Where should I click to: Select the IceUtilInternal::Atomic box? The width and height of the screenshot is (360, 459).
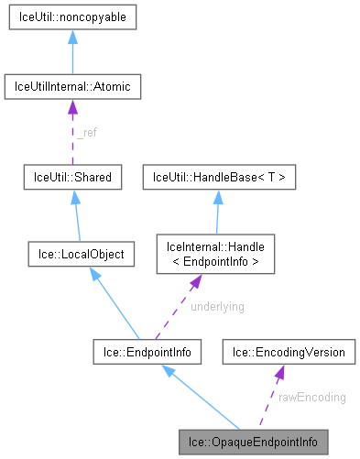tap(71, 88)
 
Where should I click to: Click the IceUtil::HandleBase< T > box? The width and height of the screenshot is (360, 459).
tap(218, 177)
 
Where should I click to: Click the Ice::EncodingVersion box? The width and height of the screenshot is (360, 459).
tap(288, 351)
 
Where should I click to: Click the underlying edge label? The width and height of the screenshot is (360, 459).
tap(216, 307)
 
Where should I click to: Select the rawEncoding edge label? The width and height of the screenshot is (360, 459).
tap(313, 397)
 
